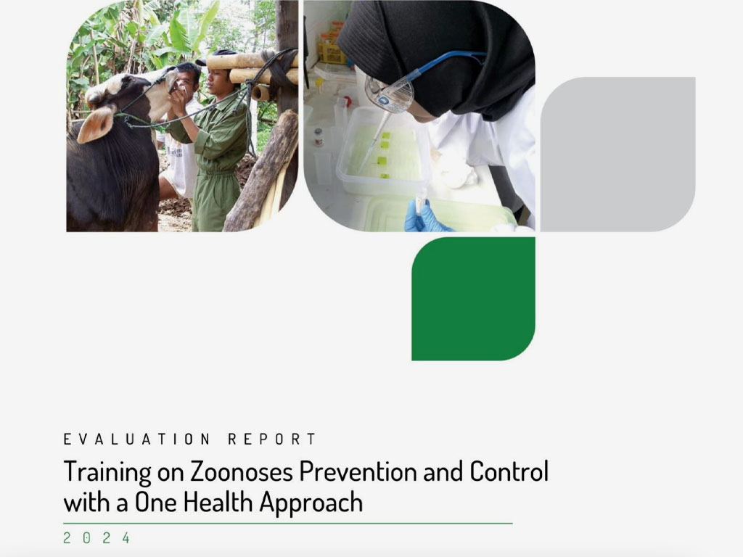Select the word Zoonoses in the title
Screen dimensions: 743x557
tap(242, 471)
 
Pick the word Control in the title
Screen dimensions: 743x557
tap(509, 471)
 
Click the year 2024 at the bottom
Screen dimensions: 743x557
tap(97, 538)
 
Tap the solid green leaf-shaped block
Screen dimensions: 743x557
tap(473, 299)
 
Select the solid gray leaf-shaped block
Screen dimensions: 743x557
tap(618, 154)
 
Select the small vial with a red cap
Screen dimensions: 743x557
tap(319, 137)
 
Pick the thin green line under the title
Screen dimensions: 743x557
tap(288, 524)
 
